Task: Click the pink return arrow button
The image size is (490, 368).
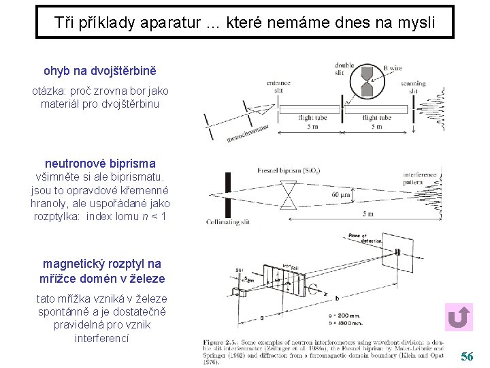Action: click(x=459, y=318)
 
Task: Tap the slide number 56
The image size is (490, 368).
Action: click(x=467, y=356)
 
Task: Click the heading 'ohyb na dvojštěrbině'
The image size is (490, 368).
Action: click(x=99, y=70)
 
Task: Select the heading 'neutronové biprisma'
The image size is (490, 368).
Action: click(x=100, y=164)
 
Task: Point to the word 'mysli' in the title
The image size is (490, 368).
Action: click(x=415, y=22)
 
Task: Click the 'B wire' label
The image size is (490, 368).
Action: click(x=393, y=68)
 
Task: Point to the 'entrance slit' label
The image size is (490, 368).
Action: click(x=278, y=87)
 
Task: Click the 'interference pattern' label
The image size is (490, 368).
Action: click(x=421, y=179)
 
